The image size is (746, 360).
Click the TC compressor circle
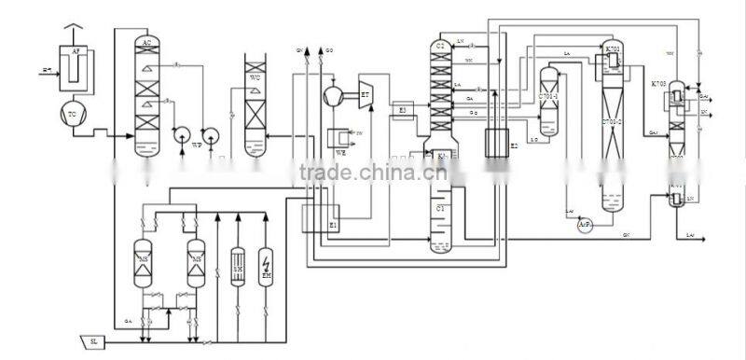pos(73,113)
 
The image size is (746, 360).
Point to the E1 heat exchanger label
pos(333,225)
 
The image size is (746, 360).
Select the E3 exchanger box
pos(403,109)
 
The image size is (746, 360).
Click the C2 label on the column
pos(439,46)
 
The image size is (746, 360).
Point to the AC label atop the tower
pos(146,43)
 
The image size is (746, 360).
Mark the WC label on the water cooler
pos(255,77)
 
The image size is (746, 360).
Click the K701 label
pos(613,48)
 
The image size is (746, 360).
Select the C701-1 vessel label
pos(548,95)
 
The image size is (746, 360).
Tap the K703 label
pos(660,83)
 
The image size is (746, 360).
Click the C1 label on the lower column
pos(440,206)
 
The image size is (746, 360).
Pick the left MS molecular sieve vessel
pos(145,257)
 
